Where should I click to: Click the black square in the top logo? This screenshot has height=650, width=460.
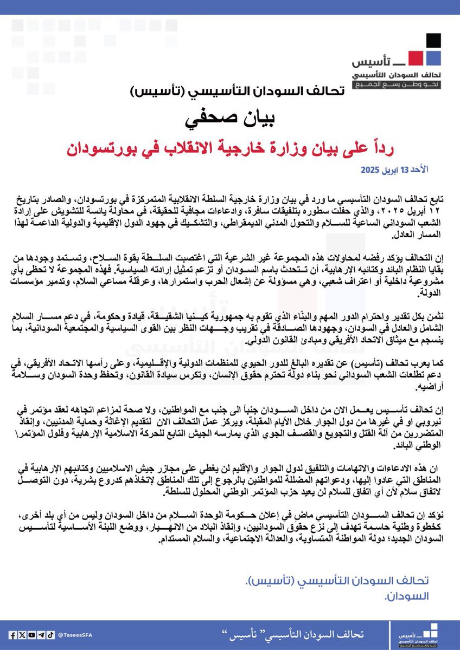point(433,41)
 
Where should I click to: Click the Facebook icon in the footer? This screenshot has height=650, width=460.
point(13,635)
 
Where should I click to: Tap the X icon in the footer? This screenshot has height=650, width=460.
point(22,635)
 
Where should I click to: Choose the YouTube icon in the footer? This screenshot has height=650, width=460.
point(31,635)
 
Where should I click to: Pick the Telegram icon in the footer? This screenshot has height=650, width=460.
point(41,635)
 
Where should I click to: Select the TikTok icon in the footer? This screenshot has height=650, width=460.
point(50,635)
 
